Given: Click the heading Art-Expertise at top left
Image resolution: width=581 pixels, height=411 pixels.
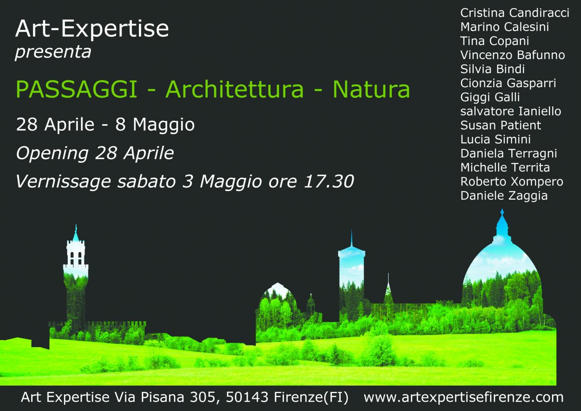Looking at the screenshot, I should tap(92, 29).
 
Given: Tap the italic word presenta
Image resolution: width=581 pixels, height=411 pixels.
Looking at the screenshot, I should tap(53, 52).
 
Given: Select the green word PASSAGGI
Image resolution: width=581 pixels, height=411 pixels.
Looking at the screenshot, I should tap(76, 89).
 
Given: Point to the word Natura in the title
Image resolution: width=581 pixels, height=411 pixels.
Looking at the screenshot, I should tap(371, 89).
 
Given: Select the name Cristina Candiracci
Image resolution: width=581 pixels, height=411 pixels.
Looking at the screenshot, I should tap(515, 13).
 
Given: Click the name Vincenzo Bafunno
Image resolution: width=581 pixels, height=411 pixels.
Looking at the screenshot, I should tap(513, 55).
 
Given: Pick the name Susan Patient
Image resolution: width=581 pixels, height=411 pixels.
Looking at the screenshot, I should tap(500, 125).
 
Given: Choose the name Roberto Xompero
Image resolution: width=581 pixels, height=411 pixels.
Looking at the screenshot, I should tap(512, 181).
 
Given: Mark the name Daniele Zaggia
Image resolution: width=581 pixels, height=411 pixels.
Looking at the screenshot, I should tap(504, 196).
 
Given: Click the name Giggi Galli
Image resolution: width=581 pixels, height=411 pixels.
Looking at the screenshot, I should tap(490, 97).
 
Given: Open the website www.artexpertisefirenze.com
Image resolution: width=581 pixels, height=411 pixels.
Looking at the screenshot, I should tap(463, 397).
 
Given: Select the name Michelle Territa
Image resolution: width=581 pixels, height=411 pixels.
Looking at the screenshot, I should tap(505, 167).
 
